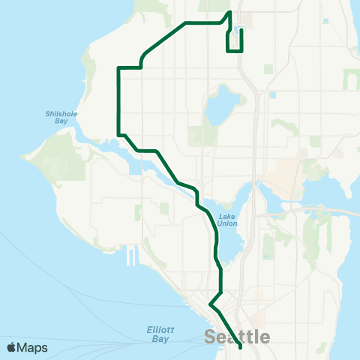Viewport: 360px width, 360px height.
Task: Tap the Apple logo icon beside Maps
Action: [x=12, y=347]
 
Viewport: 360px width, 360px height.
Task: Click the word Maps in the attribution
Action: [x=33, y=347]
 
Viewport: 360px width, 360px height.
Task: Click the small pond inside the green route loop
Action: [x=238, y=31]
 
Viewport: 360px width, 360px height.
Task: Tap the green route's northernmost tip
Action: [x=229, y=12]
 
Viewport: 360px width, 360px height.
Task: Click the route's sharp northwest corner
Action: [x=118, y=67]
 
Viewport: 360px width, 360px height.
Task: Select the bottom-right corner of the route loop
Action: [x=241, y=51]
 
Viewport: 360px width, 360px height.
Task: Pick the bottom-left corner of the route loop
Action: [x=227, y=51]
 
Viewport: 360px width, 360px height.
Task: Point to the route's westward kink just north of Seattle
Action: [x=211, y=305]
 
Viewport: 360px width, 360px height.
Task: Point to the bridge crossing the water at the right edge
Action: [x=341, y=212]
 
